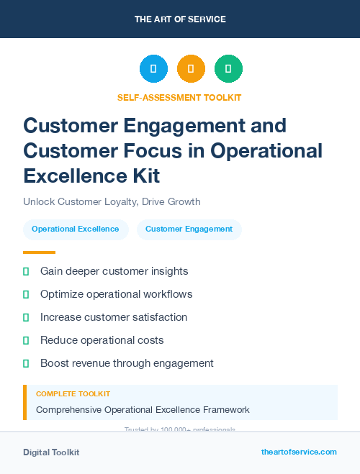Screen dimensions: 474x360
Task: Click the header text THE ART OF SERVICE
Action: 180,19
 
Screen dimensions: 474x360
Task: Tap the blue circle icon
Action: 153,69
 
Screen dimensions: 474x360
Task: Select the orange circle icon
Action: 191,69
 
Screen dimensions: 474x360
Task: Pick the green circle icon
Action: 228,69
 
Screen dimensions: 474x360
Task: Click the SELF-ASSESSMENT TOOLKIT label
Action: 179,97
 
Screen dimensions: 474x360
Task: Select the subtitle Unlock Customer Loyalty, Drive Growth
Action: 112,201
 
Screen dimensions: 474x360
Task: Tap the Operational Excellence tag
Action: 76,229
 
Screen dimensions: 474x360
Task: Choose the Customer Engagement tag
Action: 189,229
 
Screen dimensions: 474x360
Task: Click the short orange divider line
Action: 39,252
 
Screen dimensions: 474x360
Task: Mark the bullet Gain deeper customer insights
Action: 114,271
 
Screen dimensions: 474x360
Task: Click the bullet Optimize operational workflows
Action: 116,294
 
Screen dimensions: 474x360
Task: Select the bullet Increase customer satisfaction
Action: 114,317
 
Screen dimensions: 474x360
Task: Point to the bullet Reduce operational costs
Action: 102,340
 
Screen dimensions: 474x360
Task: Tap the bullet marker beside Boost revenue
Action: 26,363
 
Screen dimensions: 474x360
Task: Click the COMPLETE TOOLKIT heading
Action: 73,394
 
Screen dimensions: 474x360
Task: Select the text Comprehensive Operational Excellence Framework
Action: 143,410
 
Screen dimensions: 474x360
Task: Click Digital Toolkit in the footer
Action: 51,452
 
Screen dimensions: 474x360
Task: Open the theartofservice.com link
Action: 299,452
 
